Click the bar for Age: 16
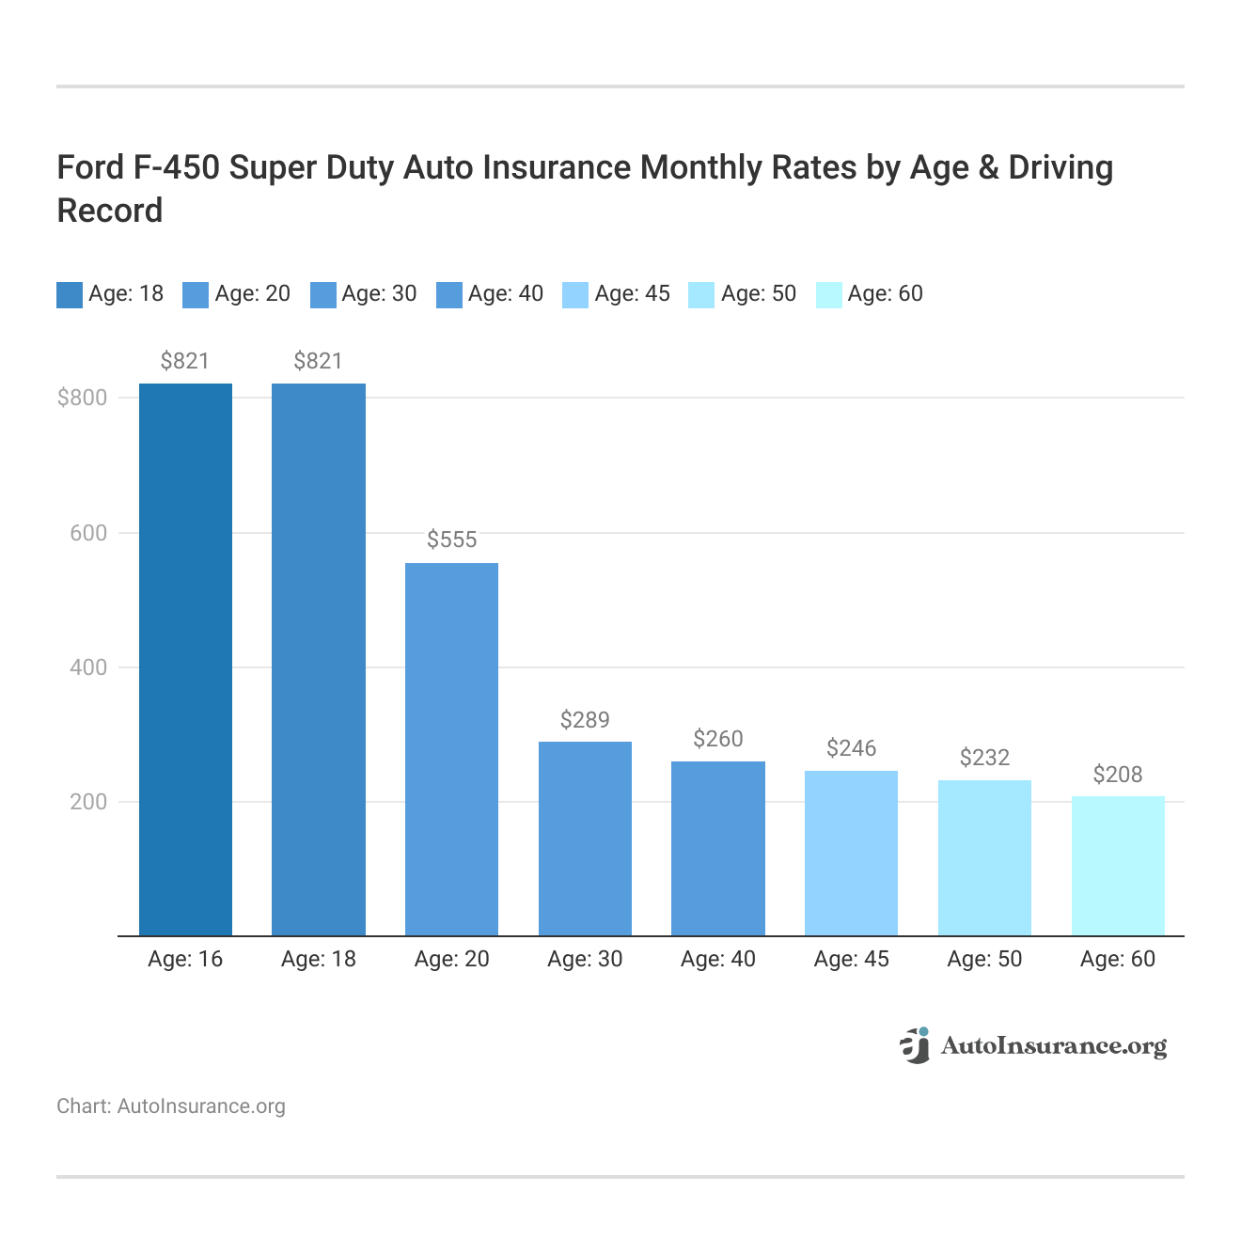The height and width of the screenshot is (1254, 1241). (x=185, y=659)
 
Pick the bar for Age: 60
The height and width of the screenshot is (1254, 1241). (x=1117, y=866)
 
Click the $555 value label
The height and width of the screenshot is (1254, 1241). (x=451, y=540)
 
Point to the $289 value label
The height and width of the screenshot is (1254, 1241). (x=585, y=720)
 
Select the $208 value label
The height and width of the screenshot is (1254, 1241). (x=1117, y=775)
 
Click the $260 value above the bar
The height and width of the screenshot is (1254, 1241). (x=718, y=739)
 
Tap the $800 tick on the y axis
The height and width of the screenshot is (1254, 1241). (x=83, y=398)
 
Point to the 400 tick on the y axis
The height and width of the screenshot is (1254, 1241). (x=89, y=667)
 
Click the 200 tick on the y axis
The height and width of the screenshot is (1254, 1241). (x=89, y=802)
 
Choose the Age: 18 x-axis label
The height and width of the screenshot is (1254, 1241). (x=319, y=959)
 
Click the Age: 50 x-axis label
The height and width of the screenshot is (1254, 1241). (x=984, y=959)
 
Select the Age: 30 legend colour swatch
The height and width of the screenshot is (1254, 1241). (x=322, y=294)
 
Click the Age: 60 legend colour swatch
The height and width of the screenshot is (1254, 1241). (x=828, y=294)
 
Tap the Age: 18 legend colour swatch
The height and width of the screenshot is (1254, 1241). (x=70, y=294)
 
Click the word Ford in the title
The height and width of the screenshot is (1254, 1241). (x=91, y=167)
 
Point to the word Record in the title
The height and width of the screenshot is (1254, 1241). (x=110, y=211)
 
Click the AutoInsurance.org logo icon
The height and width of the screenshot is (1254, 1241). (x=915, y=1045)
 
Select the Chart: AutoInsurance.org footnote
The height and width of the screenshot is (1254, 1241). (x=171, y=1106)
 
